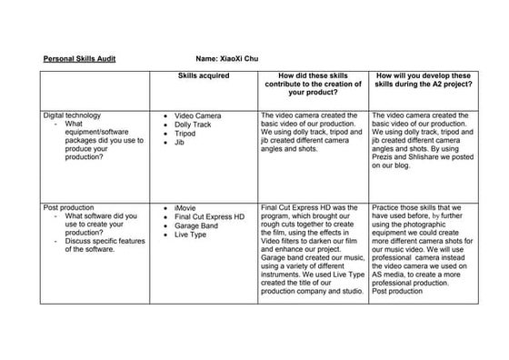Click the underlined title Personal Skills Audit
[79, 58]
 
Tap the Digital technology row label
[72, 115]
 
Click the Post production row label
[69, 207]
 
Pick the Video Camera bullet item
[197, 116]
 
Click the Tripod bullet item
[185, 134]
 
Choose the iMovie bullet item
[186, 208]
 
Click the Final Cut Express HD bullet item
[209, 217]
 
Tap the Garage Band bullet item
[199, 225]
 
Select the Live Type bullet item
[192, 235]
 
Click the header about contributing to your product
[313, 84]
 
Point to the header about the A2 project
[423, 84]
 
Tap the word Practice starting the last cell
[387, 207]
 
